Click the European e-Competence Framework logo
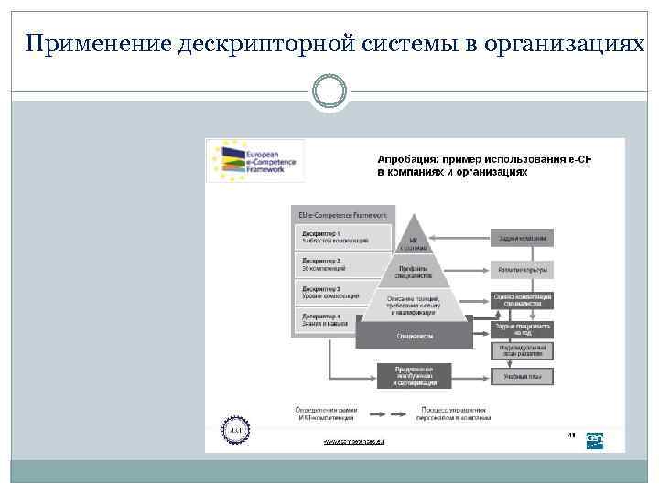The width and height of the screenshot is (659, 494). pyautogui.click(x=254, y=160)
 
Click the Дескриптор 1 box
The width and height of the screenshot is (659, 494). pyautogui.click(x=335, y=237)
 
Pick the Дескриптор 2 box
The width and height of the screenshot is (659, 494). pyautogui.click(x=333, y=265)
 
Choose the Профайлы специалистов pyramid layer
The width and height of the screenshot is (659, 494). pyautogui.click(x=415, y=271)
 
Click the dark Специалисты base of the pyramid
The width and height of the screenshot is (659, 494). pyautogui.click(x=415, y=337)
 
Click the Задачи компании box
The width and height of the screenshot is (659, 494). pyautogui.click(x=523, y=239)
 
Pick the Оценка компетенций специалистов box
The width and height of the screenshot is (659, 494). pyautogui.click(x=523, y=300)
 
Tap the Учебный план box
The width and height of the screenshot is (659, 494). pyautogui.click(x=523, y=375)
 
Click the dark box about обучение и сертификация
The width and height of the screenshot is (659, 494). pyautogui.click(x=415, y=375)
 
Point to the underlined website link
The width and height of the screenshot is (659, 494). pyautogui.click(x=353, y=441)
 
